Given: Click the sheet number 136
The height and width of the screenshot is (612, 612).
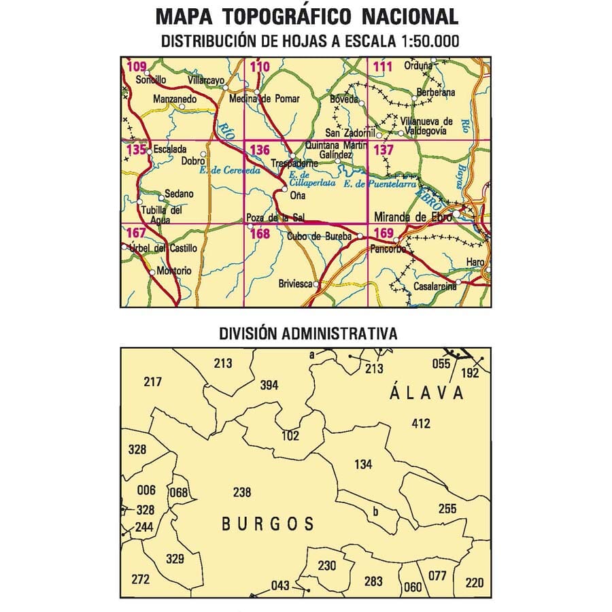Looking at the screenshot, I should click(x=260, y=150).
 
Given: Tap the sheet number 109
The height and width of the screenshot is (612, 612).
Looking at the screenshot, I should click(x=137, y=67).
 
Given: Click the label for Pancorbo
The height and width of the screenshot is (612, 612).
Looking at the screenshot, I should click(x=388, y=250).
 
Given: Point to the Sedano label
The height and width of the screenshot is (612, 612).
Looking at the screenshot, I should click(x=179, y=194).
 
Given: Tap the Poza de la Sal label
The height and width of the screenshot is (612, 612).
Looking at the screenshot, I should click(x=275, y=218).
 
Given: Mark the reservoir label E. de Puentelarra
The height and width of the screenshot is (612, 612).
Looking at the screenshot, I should click(x=371, y=184).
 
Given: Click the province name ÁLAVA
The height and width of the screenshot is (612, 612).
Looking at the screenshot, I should click(x=427, y=393).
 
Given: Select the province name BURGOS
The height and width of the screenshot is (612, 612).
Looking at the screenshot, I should click(x=268, y=524).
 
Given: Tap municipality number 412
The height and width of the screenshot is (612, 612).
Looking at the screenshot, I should click(x=421, y=424).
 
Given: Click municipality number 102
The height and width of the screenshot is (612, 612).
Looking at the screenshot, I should click(x=290, y=436).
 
